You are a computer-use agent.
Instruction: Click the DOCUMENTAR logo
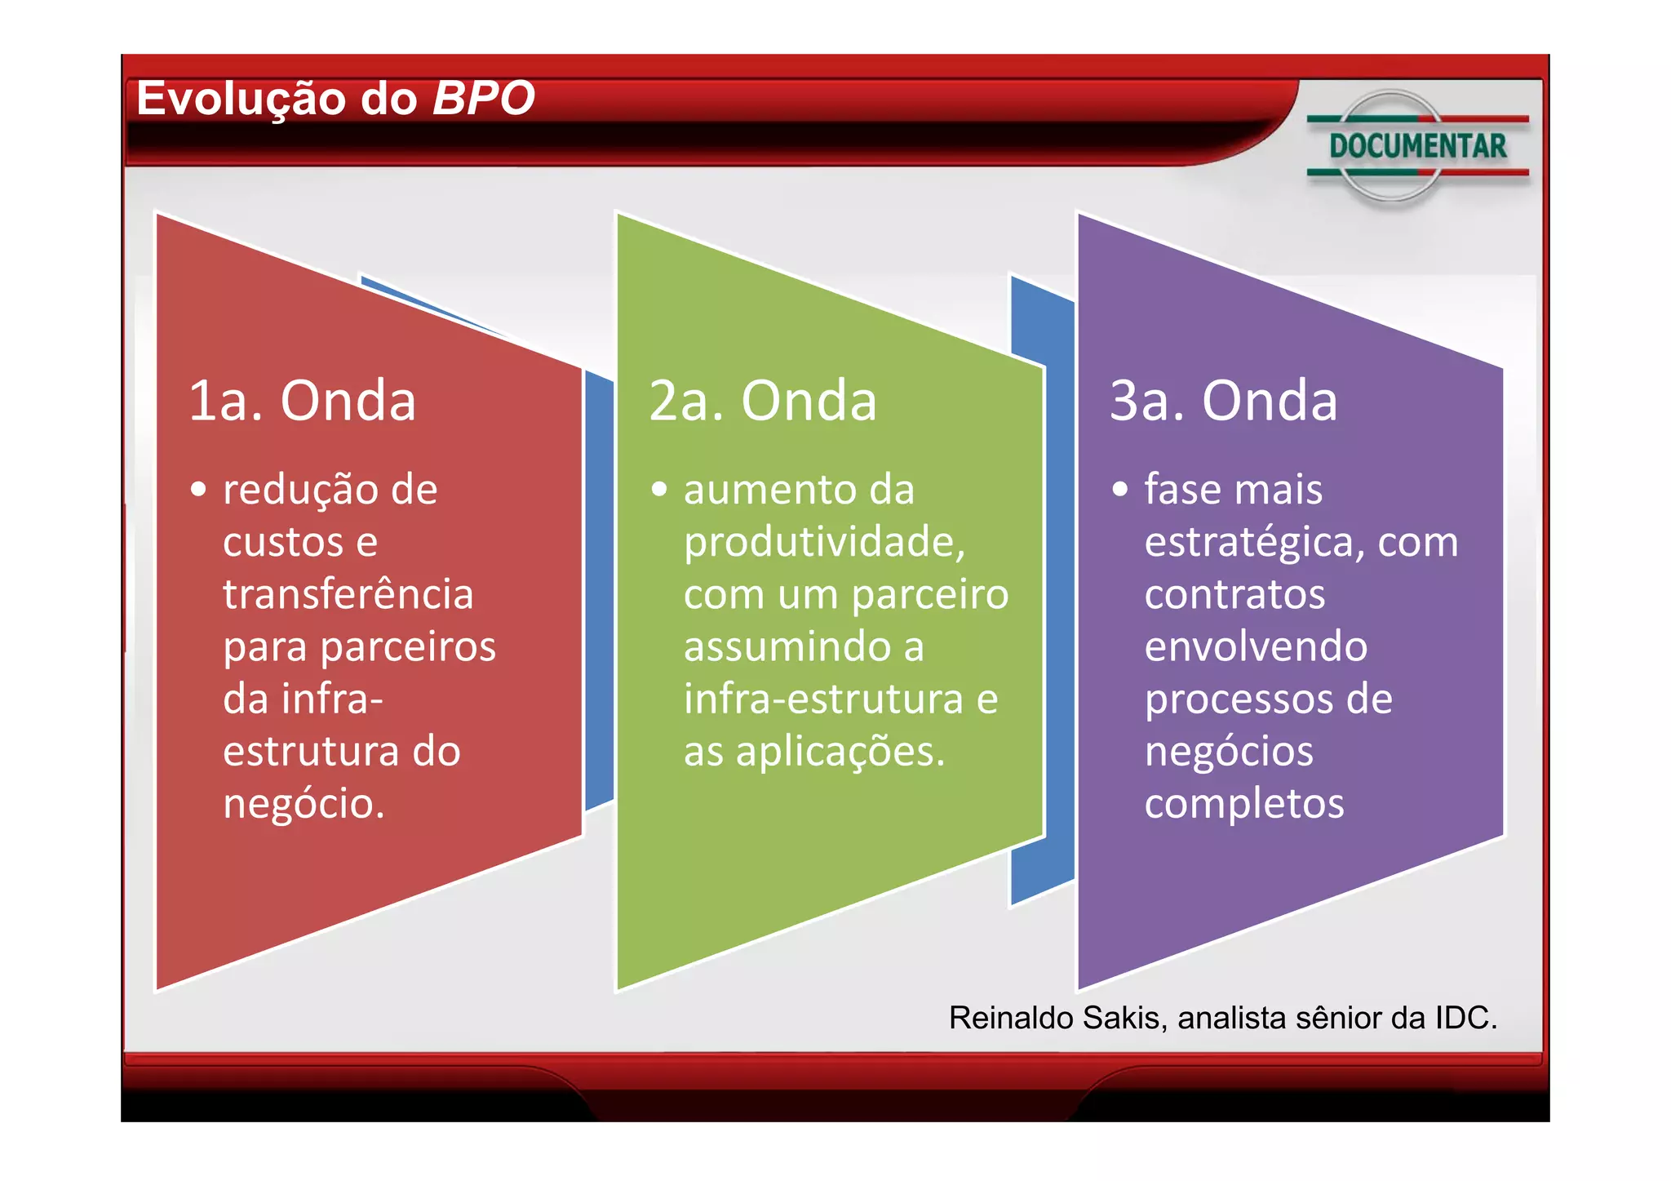point(1417,146)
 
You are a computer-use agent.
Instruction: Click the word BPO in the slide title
point(483,99)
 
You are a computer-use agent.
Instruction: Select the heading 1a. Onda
point(302,401)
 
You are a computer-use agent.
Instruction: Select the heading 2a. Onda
point(763,401)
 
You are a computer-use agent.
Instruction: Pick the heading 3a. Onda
point(1223,401)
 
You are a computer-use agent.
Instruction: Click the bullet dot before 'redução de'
point(198,490)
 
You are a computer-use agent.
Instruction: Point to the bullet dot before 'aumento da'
point(659,490)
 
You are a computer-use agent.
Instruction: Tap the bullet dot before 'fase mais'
point(1120,490)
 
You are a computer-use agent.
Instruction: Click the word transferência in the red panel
point(348,594)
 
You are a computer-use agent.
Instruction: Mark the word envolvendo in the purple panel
point(1256,646)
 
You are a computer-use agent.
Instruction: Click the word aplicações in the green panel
point(840,752)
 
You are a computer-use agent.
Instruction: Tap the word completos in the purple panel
point(1244,804)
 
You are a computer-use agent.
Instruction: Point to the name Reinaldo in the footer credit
point(1011,1018)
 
